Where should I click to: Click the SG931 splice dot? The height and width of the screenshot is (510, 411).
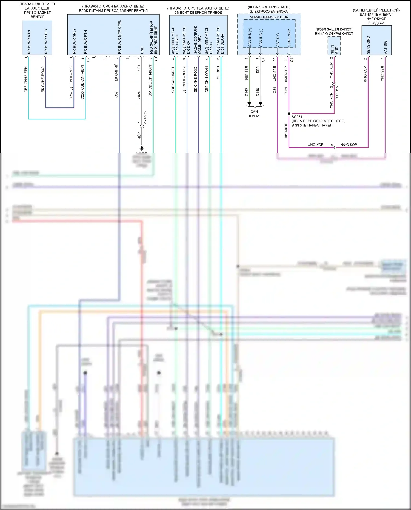[289, 113]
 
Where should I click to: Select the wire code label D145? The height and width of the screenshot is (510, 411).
[246, 92]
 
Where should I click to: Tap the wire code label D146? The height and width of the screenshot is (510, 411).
[258, 92]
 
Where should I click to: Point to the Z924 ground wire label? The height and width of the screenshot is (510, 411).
[139, 95]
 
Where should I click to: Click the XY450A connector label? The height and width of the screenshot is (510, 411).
[145, 118]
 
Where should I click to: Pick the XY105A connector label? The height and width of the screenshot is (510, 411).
[337, 92]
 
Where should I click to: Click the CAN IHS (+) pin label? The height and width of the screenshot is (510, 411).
[250, 38]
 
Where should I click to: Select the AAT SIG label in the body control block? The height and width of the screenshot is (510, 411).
[278, 40]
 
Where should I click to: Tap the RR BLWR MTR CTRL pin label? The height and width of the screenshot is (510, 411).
[119, 37]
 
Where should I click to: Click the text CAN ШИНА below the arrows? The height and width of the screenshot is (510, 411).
[254, 114]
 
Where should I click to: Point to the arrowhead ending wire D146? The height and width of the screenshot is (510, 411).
[261, 104]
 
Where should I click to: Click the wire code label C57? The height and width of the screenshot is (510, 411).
[116, 95]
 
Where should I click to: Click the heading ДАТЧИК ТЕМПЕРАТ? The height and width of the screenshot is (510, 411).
[376, 15]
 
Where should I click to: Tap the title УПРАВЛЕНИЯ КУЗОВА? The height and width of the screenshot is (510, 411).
[269, 17]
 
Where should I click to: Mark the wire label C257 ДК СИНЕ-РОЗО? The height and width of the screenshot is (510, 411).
[71, 81]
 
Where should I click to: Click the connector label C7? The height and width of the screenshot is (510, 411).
[263, 59]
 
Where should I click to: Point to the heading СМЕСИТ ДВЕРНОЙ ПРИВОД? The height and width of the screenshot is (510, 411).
[198, 12]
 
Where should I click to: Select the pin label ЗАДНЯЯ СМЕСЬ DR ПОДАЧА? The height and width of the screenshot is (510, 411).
[220, 40]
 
